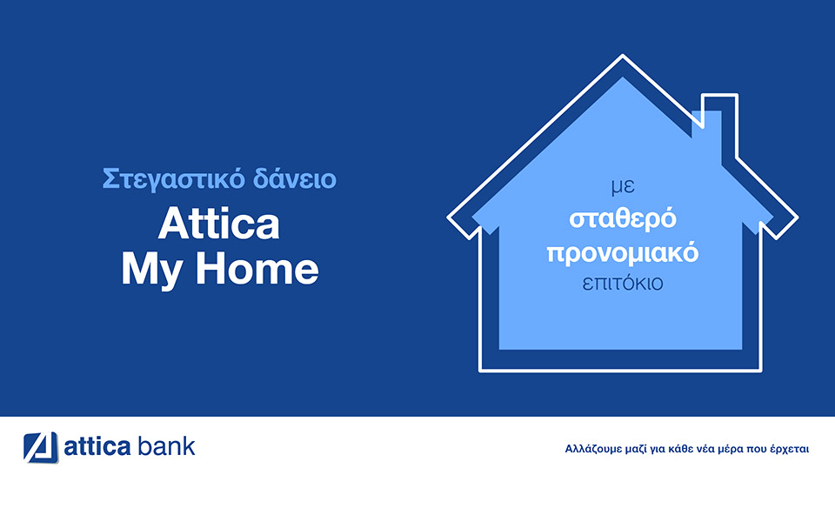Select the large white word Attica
[219, 224]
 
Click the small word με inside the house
[623, 187]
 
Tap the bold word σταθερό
[623, 219]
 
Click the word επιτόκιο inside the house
[623, 284]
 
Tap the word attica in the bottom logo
[97, 447]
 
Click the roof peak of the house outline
[623, 59]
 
